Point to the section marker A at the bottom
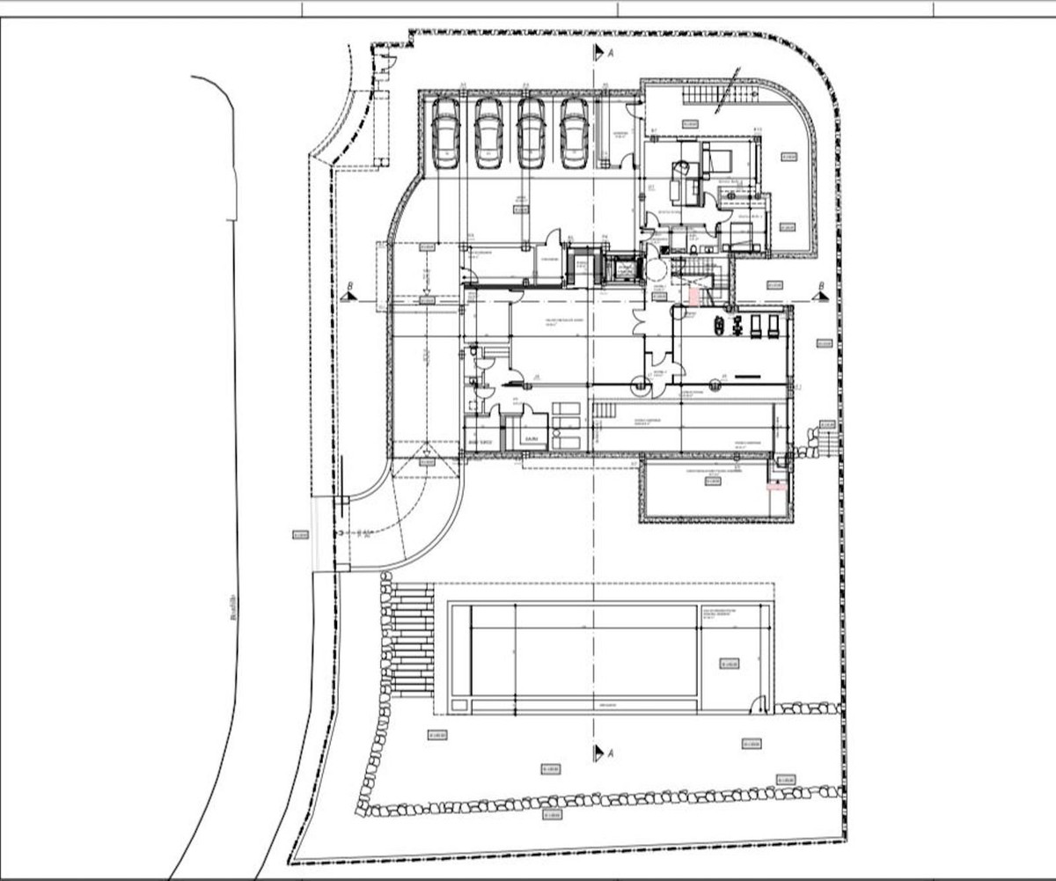pos(602,753)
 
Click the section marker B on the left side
pos(349,296)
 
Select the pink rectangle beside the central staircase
pos(693,297)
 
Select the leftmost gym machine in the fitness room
pos(720,326)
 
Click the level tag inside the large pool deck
pos(727,664)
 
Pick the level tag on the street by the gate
pos(299,534)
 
